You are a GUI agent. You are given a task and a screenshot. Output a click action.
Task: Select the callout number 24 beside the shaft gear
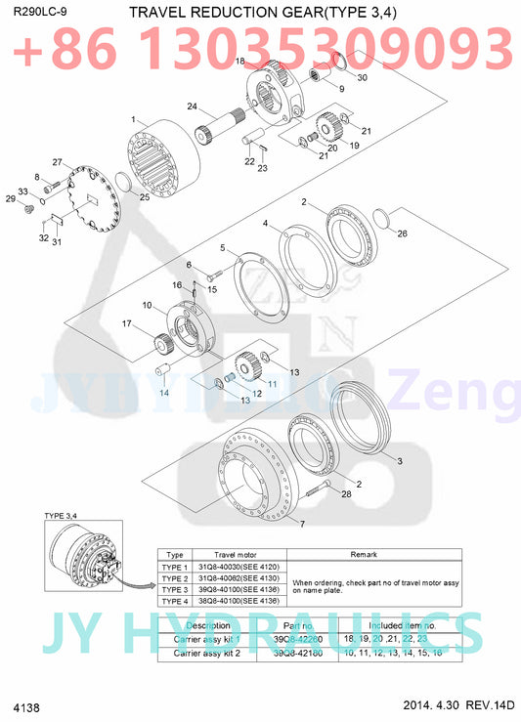[x=193, y=106]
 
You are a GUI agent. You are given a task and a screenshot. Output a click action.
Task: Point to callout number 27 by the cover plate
[x=58, y=162]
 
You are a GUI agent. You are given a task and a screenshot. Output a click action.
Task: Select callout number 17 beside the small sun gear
[x=126, y=323]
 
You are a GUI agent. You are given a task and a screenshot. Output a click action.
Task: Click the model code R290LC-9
[x=40, y=11]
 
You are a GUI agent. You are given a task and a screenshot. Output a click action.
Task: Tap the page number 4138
[x=26, y=705]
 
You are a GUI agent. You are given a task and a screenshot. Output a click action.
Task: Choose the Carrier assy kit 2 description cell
[x=207, y=651]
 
